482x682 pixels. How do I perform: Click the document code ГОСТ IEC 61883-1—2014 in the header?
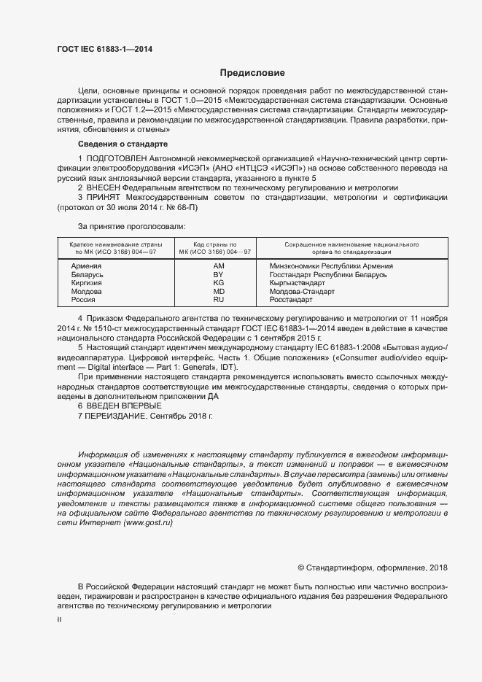point(104,50)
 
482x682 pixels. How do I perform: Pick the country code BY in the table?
point(218,275)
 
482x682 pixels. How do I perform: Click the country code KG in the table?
point(218,283)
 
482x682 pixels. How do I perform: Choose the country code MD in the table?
point(218,292)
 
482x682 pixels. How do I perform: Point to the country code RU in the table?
point(218,300)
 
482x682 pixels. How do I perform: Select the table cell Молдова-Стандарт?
point(302,292)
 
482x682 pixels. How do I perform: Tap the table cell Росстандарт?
point(290,300)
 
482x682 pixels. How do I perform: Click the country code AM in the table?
point(218,266)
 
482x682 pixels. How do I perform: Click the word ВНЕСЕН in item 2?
point(106,187)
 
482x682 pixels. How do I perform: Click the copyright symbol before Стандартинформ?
point(301,567)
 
